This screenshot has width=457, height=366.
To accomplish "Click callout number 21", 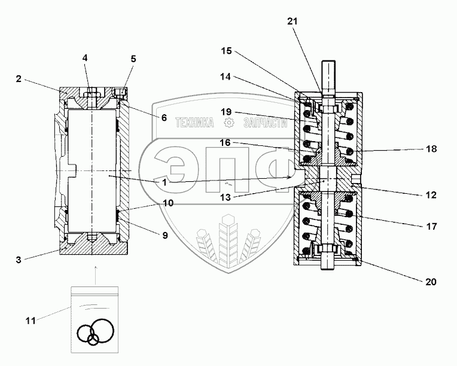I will (292, 22).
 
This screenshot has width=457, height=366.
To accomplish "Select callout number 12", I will (430, 195).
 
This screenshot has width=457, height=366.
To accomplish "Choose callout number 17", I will (430, 226).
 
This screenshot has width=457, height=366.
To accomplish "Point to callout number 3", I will (20, 260).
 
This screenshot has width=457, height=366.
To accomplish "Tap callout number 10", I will (167, 203).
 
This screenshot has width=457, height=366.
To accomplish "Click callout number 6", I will (163, 118).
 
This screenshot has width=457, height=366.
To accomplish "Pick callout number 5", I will (133, 59).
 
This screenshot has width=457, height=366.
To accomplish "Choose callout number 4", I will (85, 58).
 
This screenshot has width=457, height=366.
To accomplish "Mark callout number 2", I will (19, 78).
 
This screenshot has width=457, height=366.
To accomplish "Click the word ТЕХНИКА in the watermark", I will (194, 123).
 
